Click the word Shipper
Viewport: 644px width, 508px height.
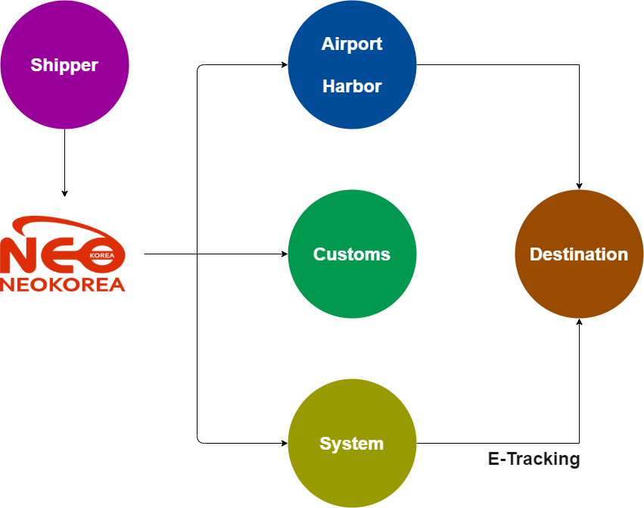coord(64,65)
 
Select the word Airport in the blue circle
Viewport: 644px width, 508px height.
coord(352,44)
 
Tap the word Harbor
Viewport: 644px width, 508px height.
coord(352,86)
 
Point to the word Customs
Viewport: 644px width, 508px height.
coord(352,254)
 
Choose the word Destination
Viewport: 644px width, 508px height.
coord(579,254)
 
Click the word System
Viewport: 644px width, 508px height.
coord(352,444)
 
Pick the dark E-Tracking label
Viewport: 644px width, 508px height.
coord(534,459)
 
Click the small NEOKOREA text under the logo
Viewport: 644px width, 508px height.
coord(63,285)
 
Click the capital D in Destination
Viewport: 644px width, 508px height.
coord(535,254)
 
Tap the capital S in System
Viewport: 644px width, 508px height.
coord(325,444)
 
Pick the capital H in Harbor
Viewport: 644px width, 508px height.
coord(328,86)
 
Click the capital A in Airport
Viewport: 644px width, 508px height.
coord(327,44)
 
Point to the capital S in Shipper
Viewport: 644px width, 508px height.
coord(36,65)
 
